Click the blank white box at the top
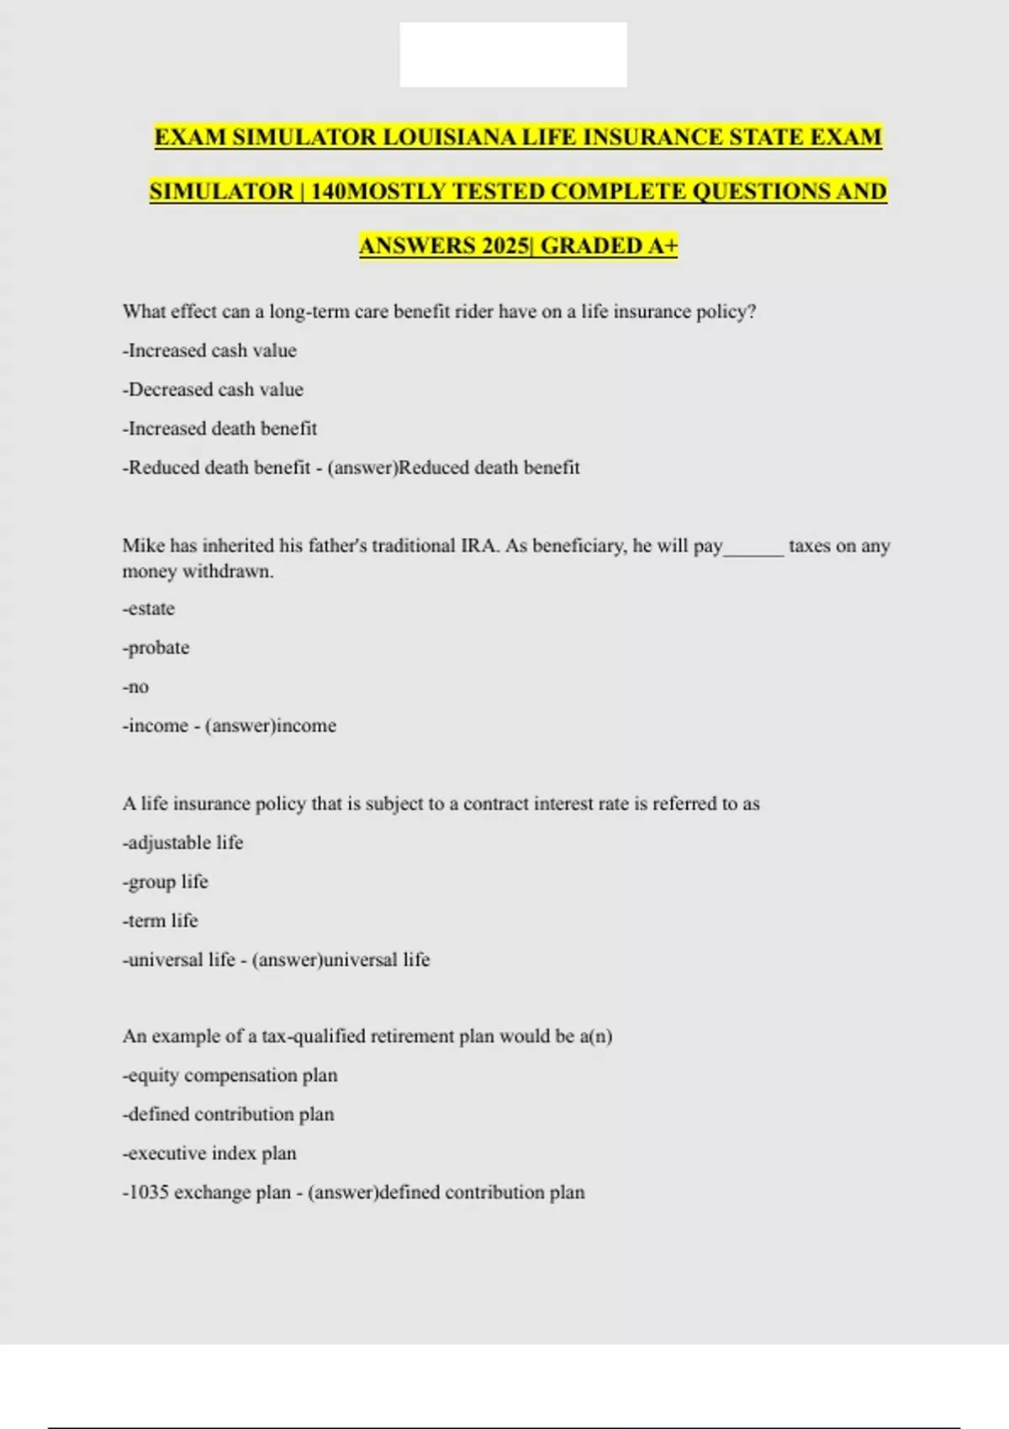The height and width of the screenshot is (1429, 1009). point(513,55)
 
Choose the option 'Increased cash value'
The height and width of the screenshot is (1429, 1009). point(209,351)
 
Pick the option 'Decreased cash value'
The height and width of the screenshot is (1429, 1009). point(213,389)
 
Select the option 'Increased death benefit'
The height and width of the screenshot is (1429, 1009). point(219,429)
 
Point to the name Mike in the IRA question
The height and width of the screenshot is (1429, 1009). point(144,546)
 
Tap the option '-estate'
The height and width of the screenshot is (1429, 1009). point(149,609)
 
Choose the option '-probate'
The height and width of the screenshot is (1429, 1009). point(156,648)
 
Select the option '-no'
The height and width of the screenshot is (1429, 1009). point(135,687)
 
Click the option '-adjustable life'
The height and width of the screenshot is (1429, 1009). point(182,842)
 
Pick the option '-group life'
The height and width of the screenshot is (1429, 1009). point(165,882)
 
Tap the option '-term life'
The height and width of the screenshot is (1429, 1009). point(160,920)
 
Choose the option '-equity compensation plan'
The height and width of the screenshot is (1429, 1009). point(230,1075)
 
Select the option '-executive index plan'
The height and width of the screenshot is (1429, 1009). point(209,1153)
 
